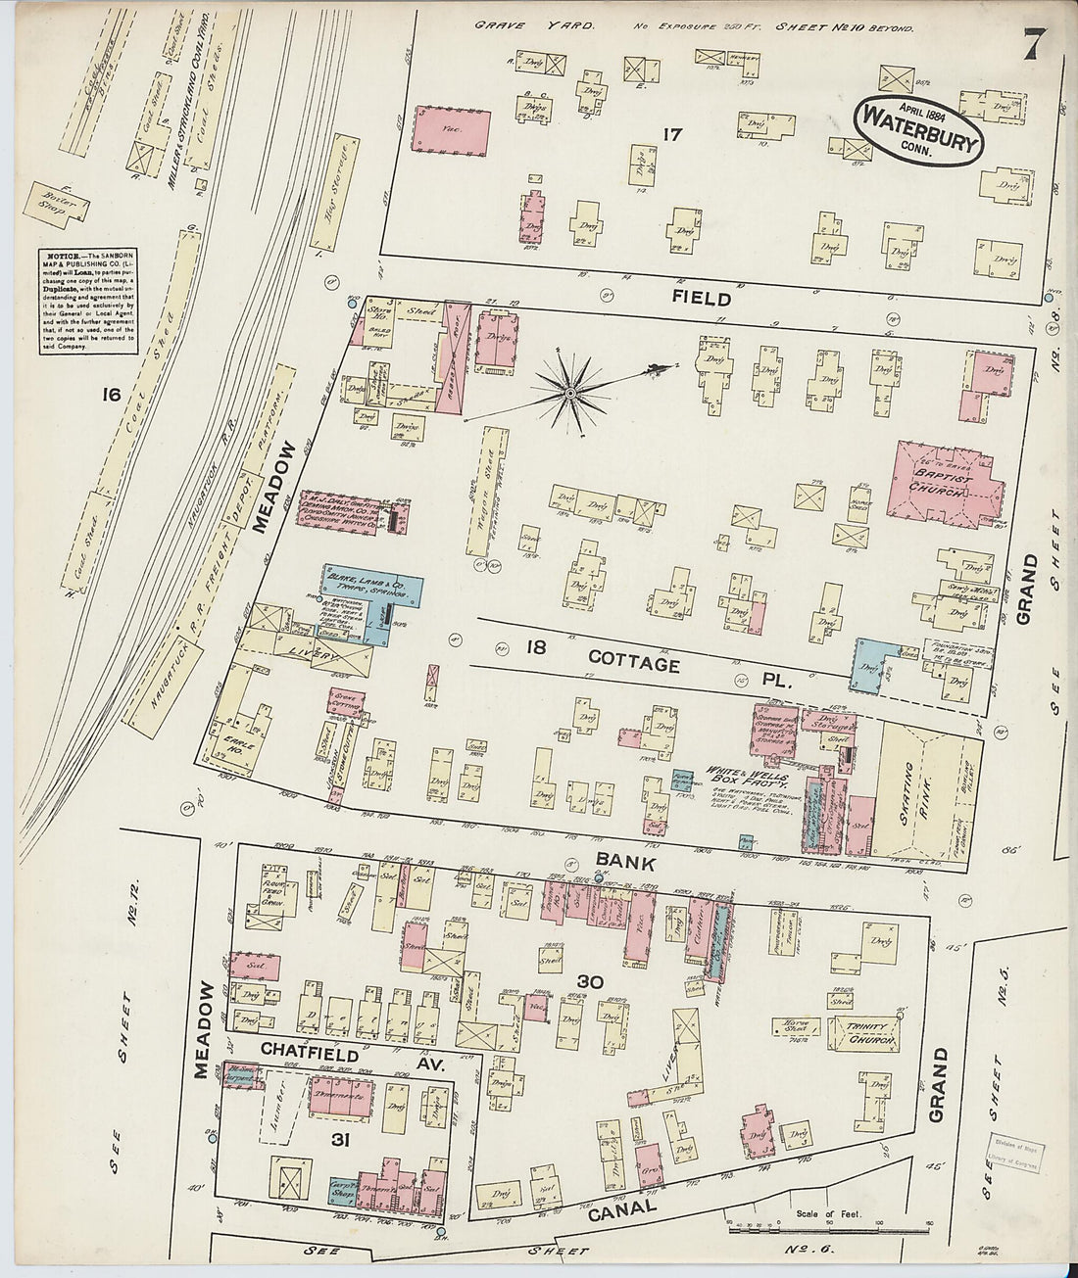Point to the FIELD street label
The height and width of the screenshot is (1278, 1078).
click(702, 298)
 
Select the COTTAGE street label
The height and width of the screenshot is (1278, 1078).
click(633, 665)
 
